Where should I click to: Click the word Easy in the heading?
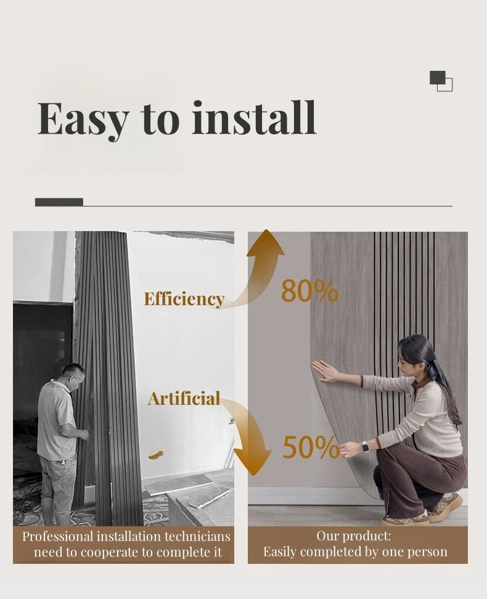(x=83, y=118)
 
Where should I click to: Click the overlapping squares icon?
(x=441, y=81)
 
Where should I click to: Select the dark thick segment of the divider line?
(x=59, y=202)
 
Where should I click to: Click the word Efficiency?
(x=184, y=299)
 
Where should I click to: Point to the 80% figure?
(x=309, y=291)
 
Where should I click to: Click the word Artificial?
(x=184, y=398)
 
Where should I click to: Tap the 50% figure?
(x=311, y=448)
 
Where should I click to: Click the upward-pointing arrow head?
(x=265, y=243)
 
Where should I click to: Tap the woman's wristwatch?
(x=365, y=447)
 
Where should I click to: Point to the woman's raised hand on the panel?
(x=324, y=371)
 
